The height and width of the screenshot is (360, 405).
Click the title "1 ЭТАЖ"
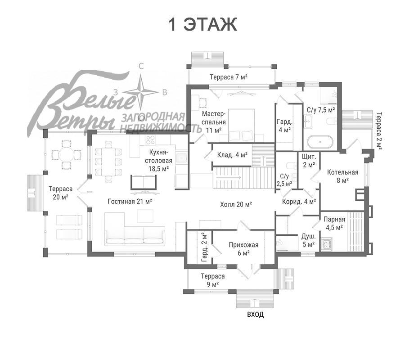202,25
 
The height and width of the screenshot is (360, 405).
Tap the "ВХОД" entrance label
256,315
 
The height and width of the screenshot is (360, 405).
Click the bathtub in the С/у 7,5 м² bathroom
320,142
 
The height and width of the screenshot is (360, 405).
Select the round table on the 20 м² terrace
67,155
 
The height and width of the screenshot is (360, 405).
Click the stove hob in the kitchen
150,139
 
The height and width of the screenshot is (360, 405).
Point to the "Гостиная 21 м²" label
130,201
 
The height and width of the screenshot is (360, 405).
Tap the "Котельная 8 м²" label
342,176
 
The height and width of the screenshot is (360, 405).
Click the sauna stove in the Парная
327,244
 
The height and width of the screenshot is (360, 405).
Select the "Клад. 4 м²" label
232,155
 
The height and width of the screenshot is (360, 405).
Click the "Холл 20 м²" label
236,204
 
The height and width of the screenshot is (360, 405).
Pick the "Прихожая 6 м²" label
243,249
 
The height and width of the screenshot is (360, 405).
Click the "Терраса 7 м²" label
229,76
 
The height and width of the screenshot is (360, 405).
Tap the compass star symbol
140,92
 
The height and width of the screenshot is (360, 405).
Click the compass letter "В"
165,92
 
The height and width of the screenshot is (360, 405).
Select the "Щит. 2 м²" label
309,160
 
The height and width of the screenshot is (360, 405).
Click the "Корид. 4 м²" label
299,202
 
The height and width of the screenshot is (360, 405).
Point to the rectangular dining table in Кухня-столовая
108,162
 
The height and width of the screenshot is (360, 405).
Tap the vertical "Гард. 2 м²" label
205,247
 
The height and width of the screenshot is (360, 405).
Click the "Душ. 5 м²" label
308,240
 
